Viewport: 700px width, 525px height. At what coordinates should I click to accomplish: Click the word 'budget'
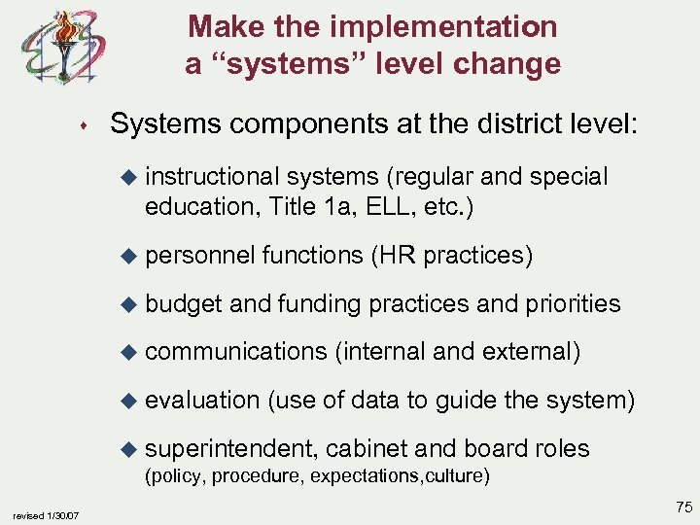[184, 303]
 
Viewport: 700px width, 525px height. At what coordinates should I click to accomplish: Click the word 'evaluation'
[201, 400]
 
